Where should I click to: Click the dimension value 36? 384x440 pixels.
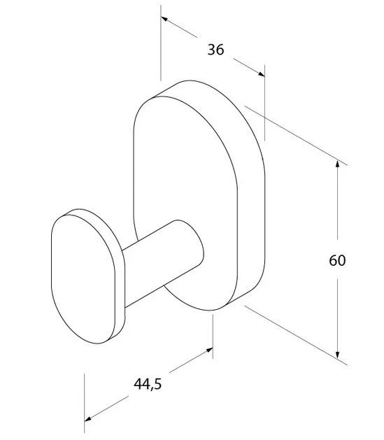pos(215,50)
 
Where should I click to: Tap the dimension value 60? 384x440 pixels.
pos(337,260)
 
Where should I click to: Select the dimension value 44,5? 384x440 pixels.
pos(148,384)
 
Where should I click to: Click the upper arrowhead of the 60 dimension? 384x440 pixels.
pos(337,164)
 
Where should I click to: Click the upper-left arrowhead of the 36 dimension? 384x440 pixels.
pos(164,19)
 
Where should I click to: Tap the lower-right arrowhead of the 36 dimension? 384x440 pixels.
pos(262,74)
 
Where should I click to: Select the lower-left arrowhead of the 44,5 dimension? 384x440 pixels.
pos(88,419)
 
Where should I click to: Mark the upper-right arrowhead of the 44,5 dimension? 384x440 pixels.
pos(209,350)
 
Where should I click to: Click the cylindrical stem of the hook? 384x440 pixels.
pos(163,264)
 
